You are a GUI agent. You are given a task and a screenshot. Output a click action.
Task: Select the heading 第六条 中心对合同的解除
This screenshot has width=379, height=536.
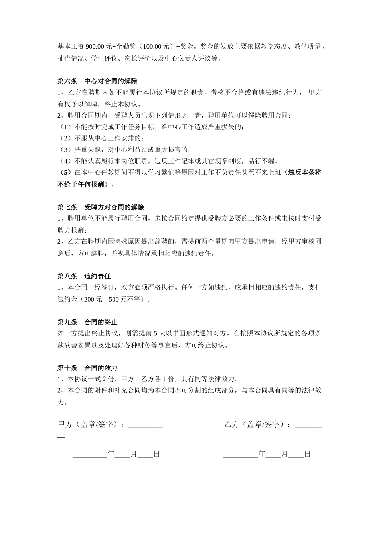[97, 81]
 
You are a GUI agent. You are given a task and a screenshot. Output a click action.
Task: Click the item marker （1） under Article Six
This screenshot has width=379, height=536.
[65, 127]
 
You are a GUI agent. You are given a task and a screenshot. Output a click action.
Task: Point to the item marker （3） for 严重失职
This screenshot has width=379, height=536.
[65, 150]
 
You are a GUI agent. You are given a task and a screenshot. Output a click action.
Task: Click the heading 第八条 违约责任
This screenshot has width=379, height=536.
[84, 276]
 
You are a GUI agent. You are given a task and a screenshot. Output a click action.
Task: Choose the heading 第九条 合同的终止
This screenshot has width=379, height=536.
[87, 322]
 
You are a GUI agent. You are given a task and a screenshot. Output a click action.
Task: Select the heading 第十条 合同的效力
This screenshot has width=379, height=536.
[87, 368]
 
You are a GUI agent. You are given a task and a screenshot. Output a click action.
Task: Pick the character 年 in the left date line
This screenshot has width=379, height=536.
[111, 454]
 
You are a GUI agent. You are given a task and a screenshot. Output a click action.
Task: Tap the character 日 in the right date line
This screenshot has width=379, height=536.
[307, 454]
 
